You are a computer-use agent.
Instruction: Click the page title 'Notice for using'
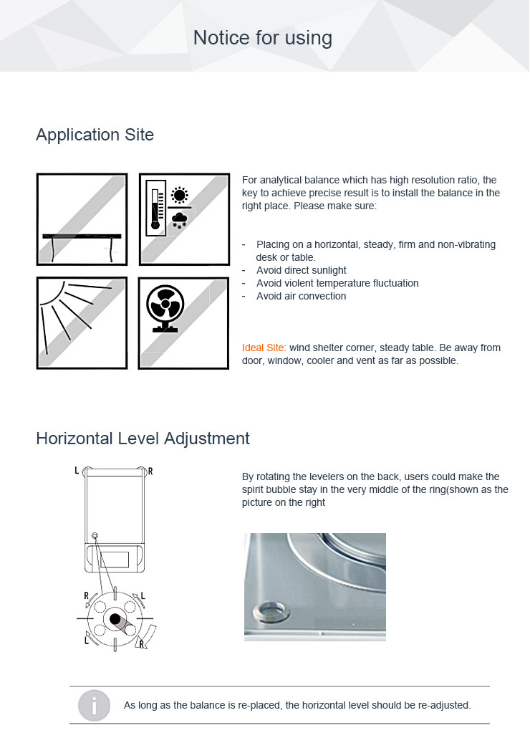pos(263,38)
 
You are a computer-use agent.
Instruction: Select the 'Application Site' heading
pos(95,135)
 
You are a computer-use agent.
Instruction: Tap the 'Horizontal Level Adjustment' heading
pos(143,439)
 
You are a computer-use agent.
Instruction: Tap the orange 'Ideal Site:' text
pos(264,348)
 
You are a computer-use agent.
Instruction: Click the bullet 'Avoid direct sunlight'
pos(301,270)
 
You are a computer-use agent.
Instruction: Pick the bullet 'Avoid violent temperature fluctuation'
pos(337,283)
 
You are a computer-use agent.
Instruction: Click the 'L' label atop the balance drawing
pos(77,471)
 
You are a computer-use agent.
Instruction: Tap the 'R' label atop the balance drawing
pos(150,471)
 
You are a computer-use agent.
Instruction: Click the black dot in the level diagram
pos(115,618)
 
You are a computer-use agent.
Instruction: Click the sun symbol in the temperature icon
pos(179,195)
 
